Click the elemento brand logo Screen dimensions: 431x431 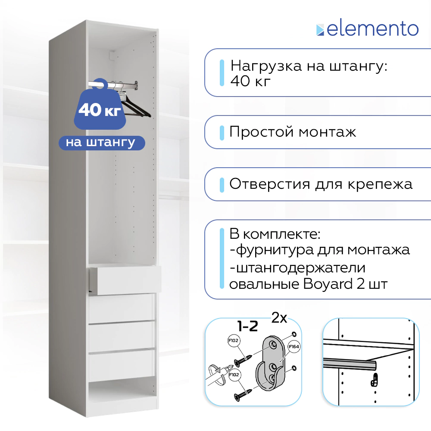click(367, 29)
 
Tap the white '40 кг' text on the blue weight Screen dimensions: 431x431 click(100, 110)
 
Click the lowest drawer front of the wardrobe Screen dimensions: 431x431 click(122, 365)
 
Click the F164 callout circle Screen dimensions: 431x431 click(294, 347)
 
